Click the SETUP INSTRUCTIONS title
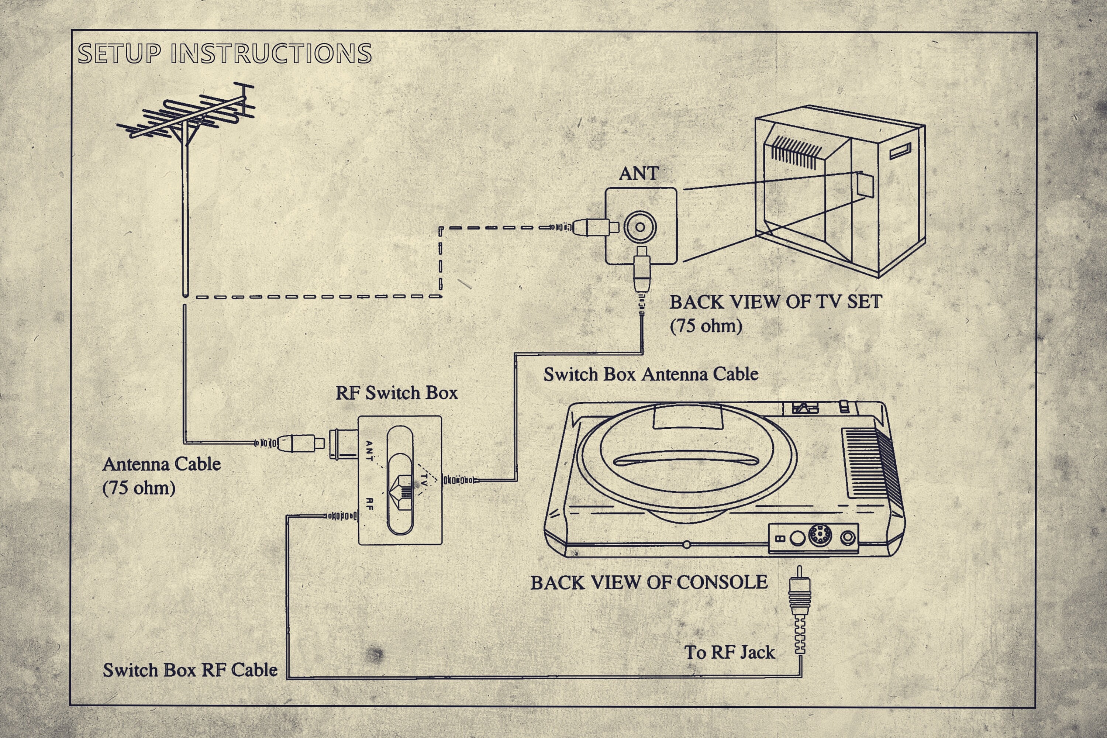point(224,53)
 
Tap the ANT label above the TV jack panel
point(638,173)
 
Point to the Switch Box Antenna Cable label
point(651,374)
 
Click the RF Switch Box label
point(396,393)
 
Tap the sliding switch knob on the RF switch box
point(400,492)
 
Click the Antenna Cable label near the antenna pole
point(162,464)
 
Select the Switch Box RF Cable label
point(190,670)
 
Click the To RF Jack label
point(729,652)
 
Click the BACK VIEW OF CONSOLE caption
point(649,583)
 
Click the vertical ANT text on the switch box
point(369,451)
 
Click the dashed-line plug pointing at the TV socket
point(594,227)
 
